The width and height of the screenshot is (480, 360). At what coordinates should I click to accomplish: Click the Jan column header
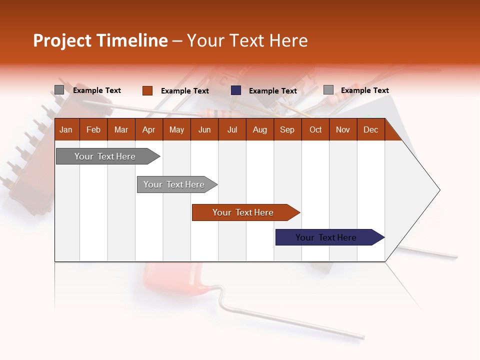pyautogui.click(x=66, y=129)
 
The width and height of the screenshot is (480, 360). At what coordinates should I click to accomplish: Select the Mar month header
pyautogui.click(x=121, y=129)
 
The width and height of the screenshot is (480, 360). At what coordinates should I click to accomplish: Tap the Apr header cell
pyautogui.click(x=148, y=129)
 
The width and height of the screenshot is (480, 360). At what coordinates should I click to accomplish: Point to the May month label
pyautogui.click(x=176, y=129)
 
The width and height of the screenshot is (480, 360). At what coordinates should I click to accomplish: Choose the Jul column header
pyautogui.click(x=232, y=129)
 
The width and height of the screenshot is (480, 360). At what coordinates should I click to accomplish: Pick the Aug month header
pyautogui.click(x=259, y=129)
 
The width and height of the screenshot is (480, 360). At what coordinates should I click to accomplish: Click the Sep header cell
pyautogui.click(x=287, y=129)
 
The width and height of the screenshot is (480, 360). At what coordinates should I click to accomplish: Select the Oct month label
pyautogui.click(x=315, y=129)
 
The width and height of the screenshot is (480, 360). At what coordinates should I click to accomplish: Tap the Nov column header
pyautogui.click(x=342, y=129)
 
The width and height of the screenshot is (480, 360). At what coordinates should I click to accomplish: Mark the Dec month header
pyautogui.click(x=370, y=129)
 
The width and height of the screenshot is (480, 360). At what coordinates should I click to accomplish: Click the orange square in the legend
pyautogui.click(x=147, y=90)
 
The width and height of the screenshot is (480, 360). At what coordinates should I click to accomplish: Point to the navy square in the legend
pyautogui.click(x=236, y=90)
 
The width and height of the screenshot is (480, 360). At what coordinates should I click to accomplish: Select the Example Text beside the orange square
pyautogui.click(x=185, y=91)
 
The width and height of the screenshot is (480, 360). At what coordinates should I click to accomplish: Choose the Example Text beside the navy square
pyautogui.click(x=273, y=91)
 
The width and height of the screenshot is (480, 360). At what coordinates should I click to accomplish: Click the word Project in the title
pyautogui.click(x=62, y=40)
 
